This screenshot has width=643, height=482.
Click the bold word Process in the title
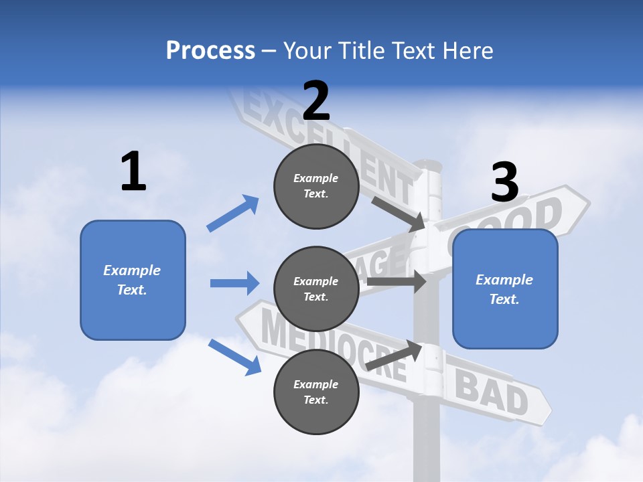210,51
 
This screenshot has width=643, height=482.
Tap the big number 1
133,171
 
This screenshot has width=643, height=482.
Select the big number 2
316,100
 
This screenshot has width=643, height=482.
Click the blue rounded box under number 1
133,280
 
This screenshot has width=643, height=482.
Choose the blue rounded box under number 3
505,289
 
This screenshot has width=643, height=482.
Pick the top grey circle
316,186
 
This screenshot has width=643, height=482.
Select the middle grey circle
316,289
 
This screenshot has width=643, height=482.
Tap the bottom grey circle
316,392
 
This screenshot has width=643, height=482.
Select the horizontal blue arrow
234,283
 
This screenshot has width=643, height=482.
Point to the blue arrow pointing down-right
234,357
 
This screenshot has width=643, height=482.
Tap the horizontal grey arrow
397,281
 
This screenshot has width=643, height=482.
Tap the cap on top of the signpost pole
428,164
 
